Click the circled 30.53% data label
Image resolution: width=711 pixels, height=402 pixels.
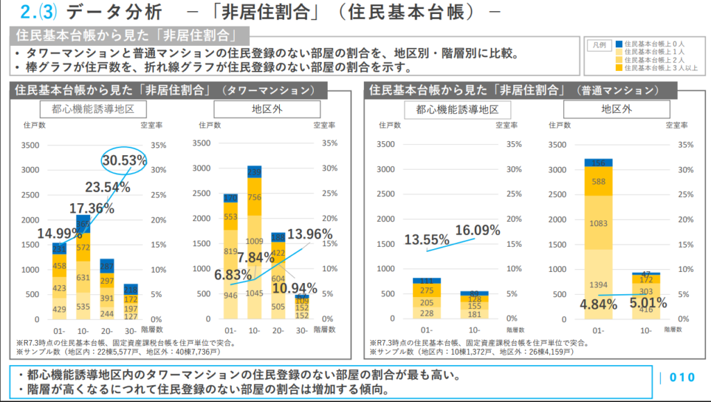125,161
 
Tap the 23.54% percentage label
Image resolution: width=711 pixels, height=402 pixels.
108,187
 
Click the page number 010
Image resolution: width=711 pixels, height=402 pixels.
682,378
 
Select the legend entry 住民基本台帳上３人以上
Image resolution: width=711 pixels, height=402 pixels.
660,67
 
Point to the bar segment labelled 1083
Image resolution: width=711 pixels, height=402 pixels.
598,223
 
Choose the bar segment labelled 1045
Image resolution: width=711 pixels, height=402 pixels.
254,293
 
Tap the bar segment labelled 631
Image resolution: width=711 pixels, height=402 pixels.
83,278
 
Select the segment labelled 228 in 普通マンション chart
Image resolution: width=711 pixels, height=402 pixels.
427,313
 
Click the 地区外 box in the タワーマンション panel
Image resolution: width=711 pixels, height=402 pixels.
267,109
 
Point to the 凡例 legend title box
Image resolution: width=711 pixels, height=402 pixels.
601,45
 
